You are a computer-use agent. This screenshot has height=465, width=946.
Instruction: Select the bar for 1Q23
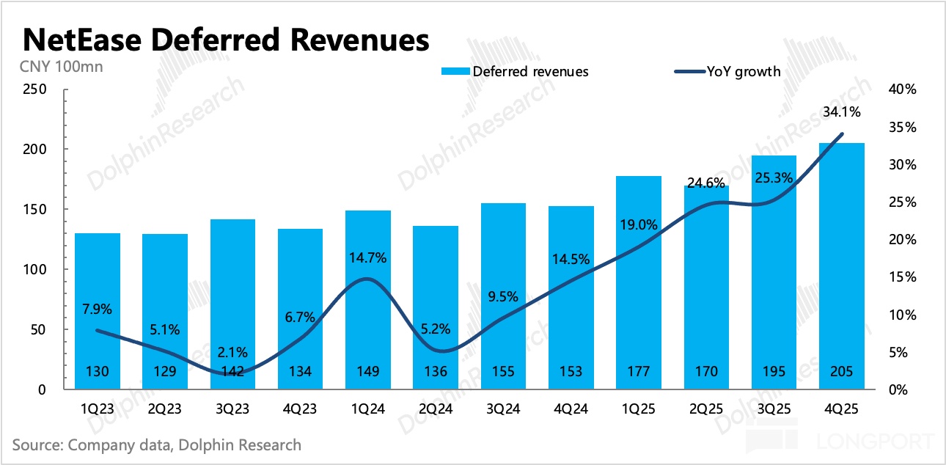point(98,308)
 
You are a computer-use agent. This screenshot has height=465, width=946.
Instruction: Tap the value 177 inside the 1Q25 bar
point(639,372)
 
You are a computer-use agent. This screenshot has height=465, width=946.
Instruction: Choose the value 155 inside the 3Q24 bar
point(503,372)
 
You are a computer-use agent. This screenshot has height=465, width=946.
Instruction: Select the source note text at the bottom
point(157,444)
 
